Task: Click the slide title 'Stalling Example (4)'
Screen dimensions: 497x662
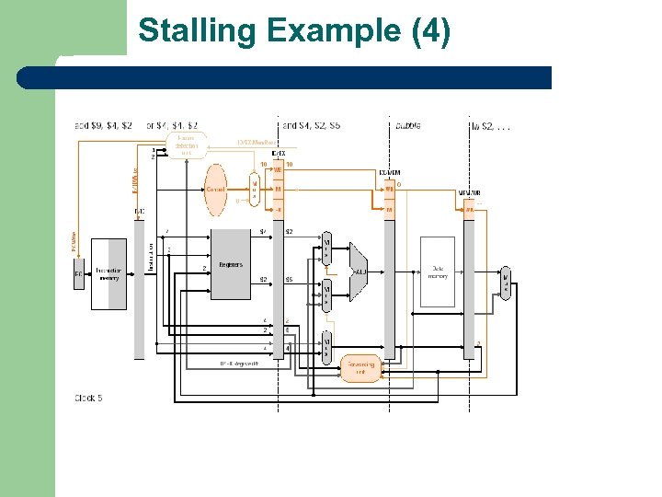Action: click(x=294, y=31)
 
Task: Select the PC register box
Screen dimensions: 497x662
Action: click(x=79, y=273)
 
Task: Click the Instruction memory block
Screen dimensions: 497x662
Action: click(x=109, y=273)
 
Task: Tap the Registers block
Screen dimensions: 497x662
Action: click(x=231, y=264)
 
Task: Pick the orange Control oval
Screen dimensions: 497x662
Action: click(x=215, y=189)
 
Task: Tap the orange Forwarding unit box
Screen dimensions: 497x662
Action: click(x=360, y=367)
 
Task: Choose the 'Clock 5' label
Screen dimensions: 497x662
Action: click(x=89, y=398)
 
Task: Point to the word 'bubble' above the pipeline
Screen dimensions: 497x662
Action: click(x=409, y=124)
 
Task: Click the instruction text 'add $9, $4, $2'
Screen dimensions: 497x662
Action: click(x=103, y=124)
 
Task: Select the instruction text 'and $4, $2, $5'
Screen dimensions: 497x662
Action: click(x=312, y=124)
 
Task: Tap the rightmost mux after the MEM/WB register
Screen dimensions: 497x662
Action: click(x=505, y=283)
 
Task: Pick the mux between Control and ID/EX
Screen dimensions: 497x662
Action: click(x=255, y=191)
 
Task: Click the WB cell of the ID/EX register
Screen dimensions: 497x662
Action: click(x=279, y=170)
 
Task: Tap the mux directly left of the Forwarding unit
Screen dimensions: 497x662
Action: click(x=325, y=347)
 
